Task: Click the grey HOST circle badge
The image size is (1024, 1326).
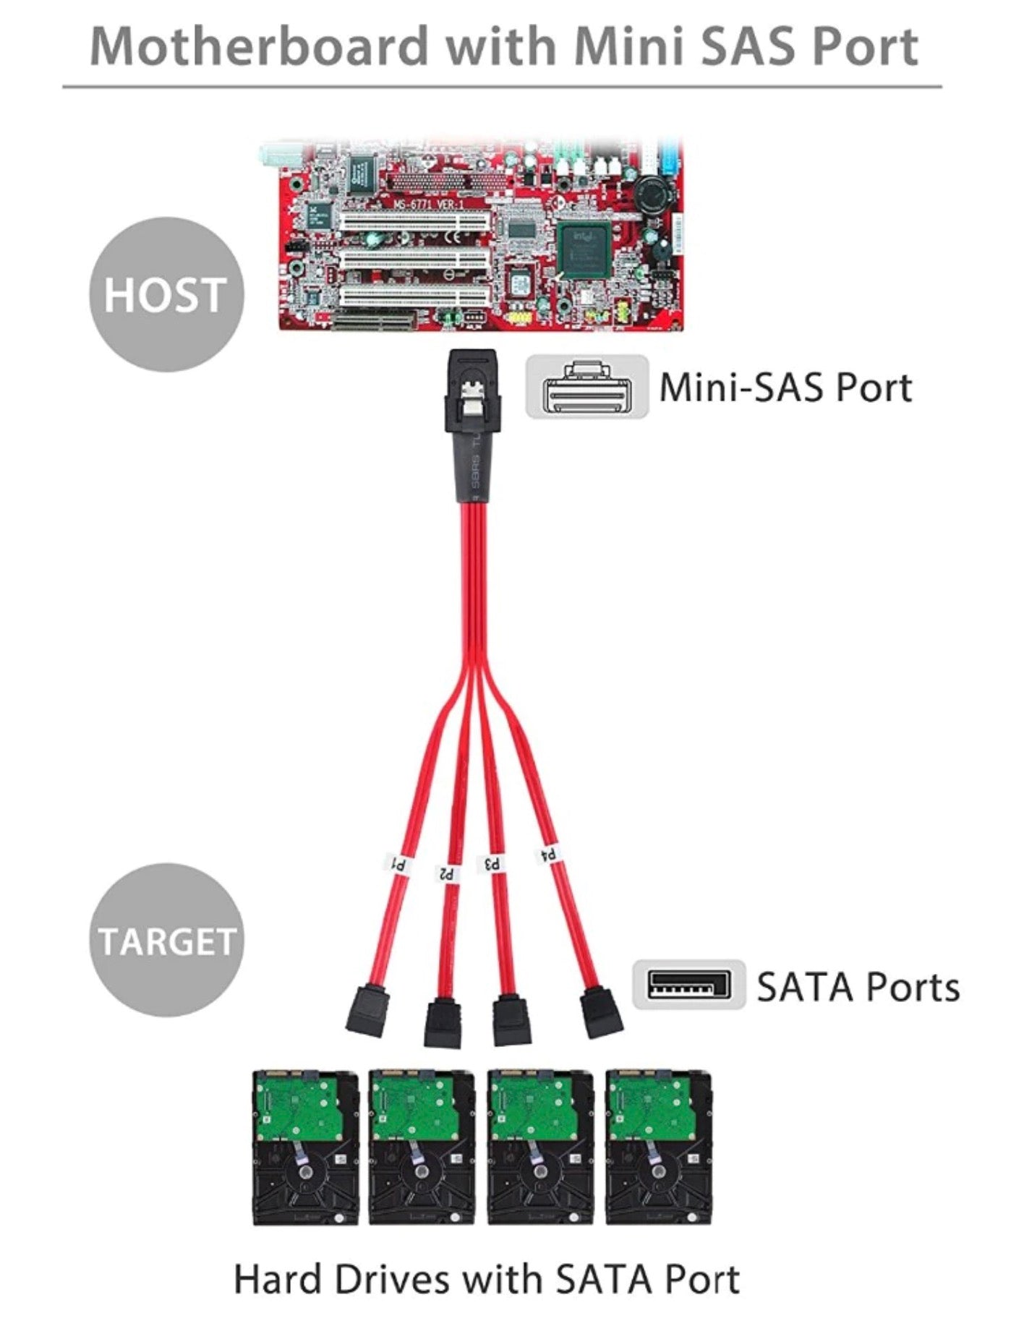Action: pos(166,295)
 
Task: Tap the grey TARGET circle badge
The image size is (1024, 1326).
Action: pos(166,940)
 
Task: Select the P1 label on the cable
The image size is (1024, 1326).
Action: pos(398,863)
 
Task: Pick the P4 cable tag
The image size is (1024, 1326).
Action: pos(547,855)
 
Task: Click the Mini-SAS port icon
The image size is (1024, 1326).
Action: pos(586,387)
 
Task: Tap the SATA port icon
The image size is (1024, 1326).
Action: pos(688,985)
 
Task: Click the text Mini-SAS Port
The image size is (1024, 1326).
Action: pos(785,387)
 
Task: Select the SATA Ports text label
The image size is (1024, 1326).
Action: pos(858,986)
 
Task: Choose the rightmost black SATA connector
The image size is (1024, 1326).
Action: pos(602,1012)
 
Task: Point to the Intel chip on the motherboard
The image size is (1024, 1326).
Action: pos(583,249)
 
